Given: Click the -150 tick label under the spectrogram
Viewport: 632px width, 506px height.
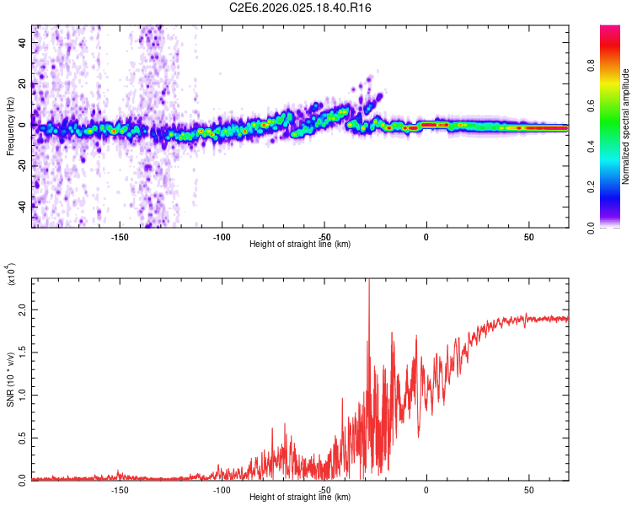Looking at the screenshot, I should (x=120, y=237).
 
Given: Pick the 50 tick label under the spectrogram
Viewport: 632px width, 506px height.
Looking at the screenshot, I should (x=528, y=237).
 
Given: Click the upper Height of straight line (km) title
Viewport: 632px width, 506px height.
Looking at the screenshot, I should (x=300, y=245).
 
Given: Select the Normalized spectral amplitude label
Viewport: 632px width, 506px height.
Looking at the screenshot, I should (x=626, y=126).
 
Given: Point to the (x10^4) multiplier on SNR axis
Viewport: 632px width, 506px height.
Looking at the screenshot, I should (x=11, y=274).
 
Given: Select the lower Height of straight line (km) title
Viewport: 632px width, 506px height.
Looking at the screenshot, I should (x=300, y=498).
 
